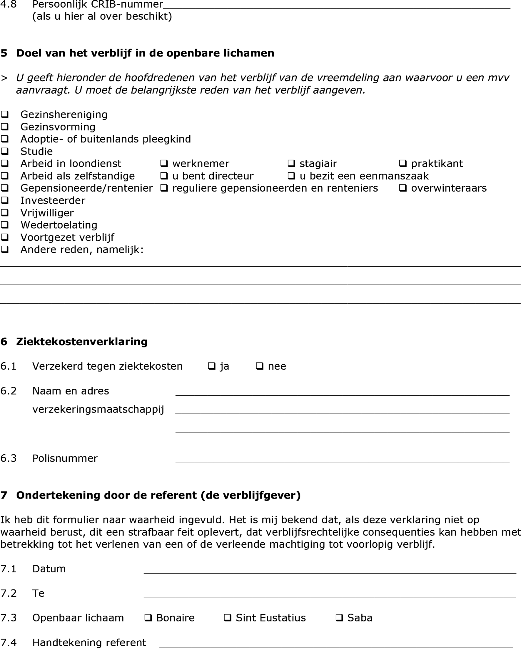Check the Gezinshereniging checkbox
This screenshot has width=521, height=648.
(5, 114)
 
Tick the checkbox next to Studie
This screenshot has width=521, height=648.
(5, 151)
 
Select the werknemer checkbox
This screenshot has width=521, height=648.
(164, 164)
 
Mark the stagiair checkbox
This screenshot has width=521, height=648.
(291, 164)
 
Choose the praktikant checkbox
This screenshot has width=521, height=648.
(403, 164)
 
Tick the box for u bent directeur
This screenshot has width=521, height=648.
(164, 176)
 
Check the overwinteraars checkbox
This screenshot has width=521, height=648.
(403, 188)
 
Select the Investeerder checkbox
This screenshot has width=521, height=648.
(5, 200)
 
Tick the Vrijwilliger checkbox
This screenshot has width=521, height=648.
(5, 213)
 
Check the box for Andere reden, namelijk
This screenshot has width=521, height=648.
(5, 250)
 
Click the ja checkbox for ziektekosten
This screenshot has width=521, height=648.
(212, 366)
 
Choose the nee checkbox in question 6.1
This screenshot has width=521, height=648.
(259, 366)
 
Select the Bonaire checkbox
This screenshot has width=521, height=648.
(148, 618)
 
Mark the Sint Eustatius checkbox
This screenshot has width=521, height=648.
(227, 618)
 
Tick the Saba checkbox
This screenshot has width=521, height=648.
(339, 618)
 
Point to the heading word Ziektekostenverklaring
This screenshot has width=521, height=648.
(82, 342)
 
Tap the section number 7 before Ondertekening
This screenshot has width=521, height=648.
(4, 495)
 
